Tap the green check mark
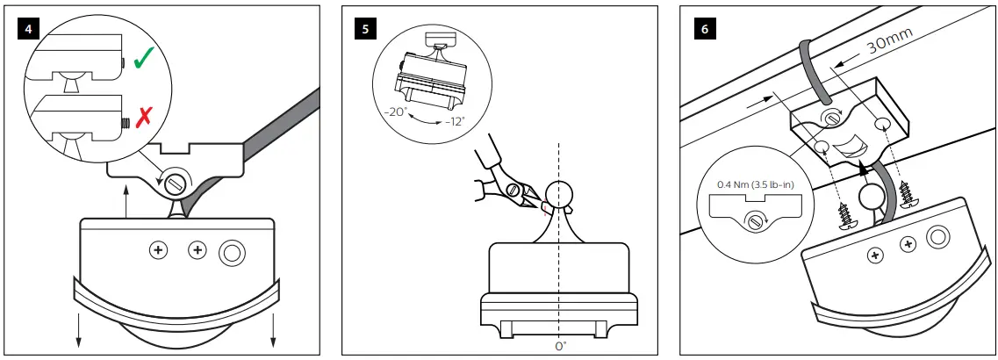143,58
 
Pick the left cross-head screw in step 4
159,252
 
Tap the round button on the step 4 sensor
233,252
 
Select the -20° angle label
395,112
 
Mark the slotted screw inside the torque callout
754,220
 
